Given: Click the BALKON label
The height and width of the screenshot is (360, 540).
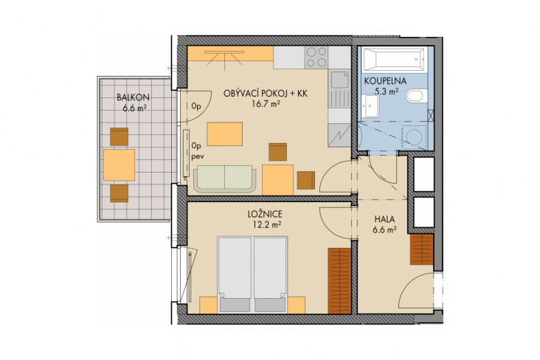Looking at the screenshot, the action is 133,97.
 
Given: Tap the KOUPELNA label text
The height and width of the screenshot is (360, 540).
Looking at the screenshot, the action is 385,81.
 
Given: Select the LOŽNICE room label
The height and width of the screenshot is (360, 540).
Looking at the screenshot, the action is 265,214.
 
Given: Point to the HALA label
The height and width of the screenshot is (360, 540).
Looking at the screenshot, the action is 384,219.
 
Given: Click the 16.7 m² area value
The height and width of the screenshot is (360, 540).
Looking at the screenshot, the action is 265,104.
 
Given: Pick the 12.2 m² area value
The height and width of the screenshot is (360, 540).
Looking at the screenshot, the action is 265,225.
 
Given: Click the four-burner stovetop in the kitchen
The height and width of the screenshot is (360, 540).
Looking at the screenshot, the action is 316,58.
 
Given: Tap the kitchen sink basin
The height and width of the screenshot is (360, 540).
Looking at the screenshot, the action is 340,80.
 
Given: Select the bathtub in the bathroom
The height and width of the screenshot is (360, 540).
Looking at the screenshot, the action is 395,60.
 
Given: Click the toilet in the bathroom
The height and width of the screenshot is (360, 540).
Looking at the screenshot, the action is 416,96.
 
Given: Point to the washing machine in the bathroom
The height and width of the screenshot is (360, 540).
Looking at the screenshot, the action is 415,137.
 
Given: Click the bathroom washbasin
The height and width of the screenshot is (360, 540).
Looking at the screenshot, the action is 370,106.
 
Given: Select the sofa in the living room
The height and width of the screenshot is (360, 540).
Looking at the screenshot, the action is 224,179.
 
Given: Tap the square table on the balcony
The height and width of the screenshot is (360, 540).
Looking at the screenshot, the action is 120,165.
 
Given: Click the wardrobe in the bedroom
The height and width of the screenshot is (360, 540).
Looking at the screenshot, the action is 339,281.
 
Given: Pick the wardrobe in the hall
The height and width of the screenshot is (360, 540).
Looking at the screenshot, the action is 421,249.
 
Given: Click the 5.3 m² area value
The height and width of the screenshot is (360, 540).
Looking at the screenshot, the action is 387,91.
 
